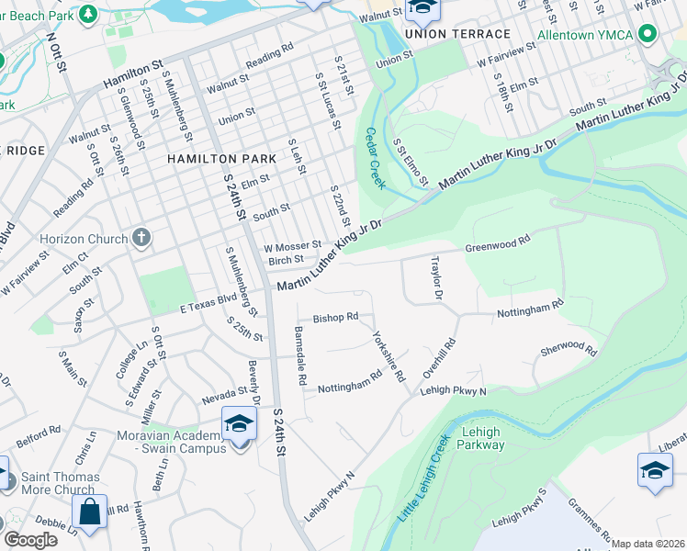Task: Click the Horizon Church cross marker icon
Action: coord(141,239)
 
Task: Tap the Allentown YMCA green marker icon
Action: coord(647,35)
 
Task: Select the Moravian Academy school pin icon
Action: coord(239,423)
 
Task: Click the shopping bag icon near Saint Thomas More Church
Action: coord(90,511)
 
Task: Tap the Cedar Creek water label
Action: coord(375,158)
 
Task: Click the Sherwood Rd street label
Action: coord(569,350)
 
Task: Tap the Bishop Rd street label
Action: coord(335,318)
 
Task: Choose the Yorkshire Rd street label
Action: coord(389,356)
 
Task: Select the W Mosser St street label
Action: coord(293,246)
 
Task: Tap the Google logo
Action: coord(29,540)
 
